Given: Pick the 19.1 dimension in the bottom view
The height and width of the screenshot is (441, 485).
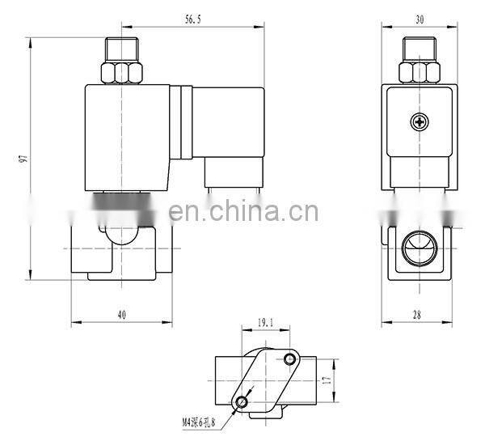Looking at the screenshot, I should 266,323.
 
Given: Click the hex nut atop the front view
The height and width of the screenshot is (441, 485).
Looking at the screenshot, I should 120,74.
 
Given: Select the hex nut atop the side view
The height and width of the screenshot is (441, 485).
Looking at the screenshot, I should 415,74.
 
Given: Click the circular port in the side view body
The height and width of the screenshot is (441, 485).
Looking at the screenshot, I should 415,243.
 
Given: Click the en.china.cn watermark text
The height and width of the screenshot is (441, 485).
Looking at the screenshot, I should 243,212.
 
